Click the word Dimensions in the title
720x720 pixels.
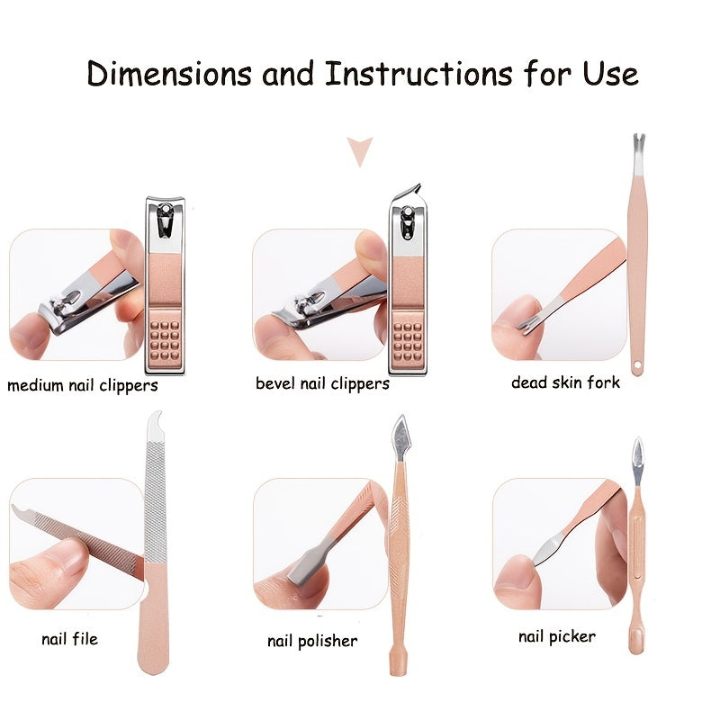click(169, 74)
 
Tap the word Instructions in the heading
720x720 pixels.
click(418, 74)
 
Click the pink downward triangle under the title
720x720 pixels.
click(359, 151)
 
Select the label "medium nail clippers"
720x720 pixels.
click(83, 385)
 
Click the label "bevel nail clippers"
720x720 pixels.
click(322, 383)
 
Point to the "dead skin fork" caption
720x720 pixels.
click(565, 382)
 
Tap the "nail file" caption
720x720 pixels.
click(69, 639)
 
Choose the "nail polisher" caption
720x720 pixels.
click(312, 641)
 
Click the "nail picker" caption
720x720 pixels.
click(557, 636)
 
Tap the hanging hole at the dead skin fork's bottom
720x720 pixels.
click(637, 366)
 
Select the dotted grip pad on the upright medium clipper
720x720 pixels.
click(166, 340)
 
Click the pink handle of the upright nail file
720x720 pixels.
click(154, 617)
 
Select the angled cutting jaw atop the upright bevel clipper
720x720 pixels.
click(408, 192)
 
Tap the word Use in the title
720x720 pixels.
click(610, 74)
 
